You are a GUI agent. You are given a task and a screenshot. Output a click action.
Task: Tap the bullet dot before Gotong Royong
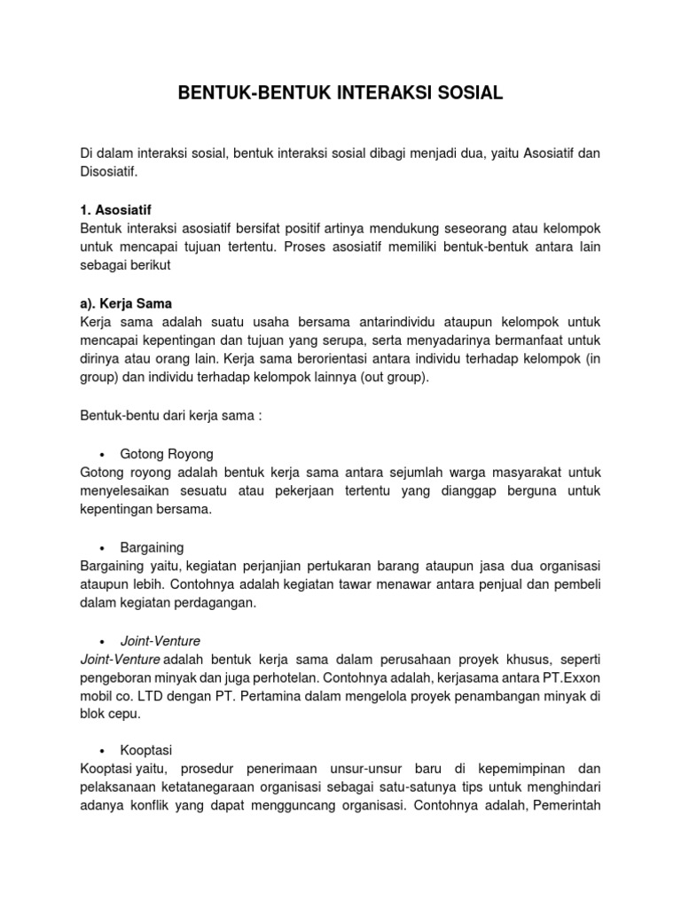(x=103, y=454)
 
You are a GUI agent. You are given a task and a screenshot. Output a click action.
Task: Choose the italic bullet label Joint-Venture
(x=163, y=640)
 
